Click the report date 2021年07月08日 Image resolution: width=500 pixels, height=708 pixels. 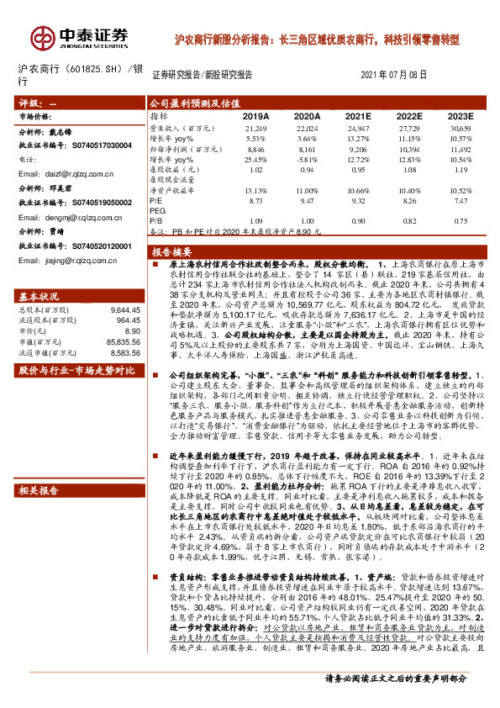394,75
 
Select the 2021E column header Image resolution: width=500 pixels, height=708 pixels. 359,116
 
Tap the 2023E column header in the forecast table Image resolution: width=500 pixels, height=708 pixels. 461,116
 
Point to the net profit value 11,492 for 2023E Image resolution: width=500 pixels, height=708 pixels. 461,148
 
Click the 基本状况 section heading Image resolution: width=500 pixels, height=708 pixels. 39,297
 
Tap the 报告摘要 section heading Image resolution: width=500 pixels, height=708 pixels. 171,252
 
